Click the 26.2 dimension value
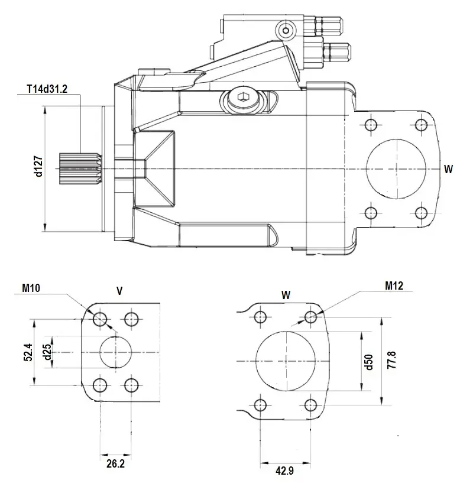(x=115, y=463)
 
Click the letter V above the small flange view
(x=119, y=290)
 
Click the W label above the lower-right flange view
(x=286, y=293)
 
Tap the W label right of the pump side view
(x=448, y=168)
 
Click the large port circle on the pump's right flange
(x=396, y=168)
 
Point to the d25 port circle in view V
(x=115, y=352)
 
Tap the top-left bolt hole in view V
(x=99, y=319)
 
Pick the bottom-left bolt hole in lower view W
(x=260, y=405)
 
